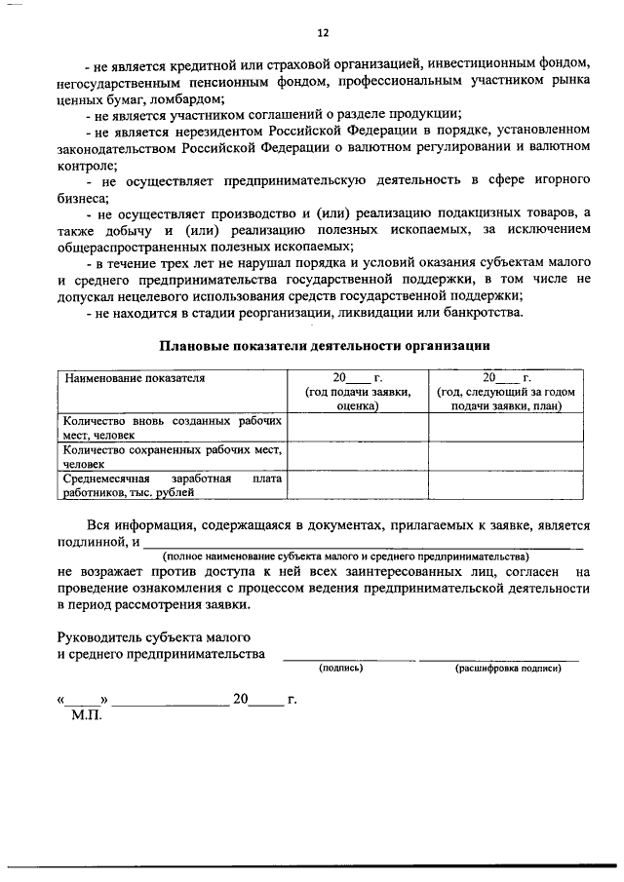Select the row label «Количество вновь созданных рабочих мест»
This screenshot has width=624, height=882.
tap(172, 428)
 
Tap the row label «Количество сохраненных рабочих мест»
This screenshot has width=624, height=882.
tap(172, 457)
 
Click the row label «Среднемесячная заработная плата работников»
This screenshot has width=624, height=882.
tap(172, 485)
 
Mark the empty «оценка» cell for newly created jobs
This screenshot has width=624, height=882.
tap(357, 428)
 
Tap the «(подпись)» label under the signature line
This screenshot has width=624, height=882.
tap(341, 669)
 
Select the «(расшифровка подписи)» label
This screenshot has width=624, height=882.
tap(508, 669)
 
